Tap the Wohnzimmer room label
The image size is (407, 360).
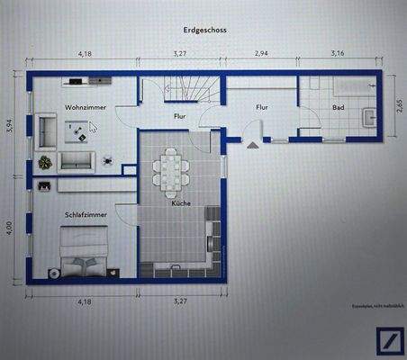84,108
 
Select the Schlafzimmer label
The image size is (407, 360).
86,216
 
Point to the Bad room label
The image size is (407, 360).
338,107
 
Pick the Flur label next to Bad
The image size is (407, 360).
261,107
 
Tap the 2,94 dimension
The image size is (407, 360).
261,54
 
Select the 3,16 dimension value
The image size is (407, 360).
337,54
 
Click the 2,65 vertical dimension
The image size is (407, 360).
399,108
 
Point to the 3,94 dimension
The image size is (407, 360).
10,126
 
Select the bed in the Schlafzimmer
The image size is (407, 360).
86,255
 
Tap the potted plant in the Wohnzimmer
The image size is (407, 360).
45,162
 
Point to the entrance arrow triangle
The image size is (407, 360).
253,142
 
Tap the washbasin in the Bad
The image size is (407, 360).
369,115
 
